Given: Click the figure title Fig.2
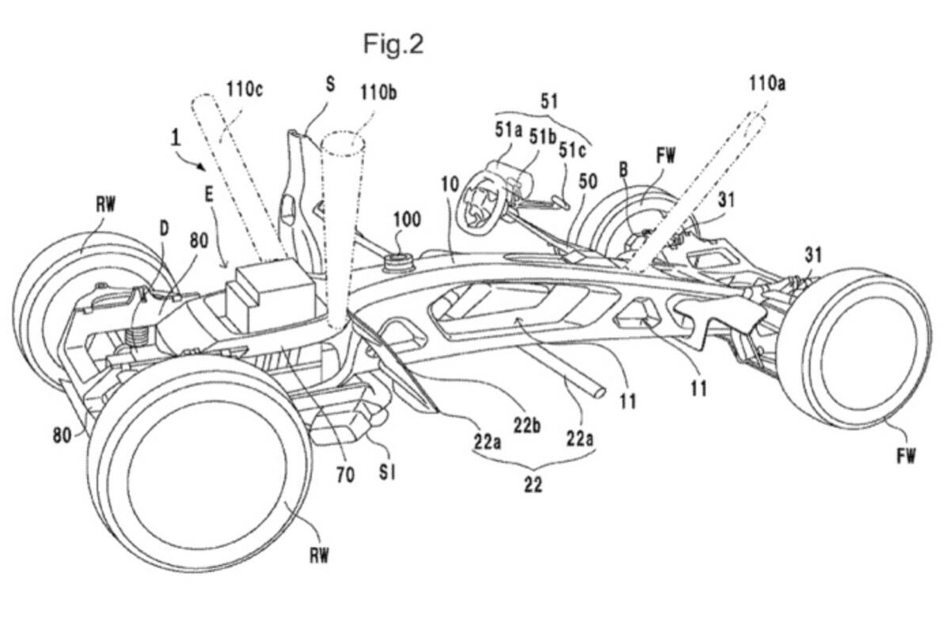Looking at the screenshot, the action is [x=393, y=44].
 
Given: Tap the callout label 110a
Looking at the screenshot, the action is [x=767, y=84].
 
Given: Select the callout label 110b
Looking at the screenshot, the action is [x=378, y=92].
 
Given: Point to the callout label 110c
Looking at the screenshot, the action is [x=245, y=89].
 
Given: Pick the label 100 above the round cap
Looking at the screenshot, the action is [x=407, y=220].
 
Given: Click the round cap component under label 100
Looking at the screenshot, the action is [x=398, y=262].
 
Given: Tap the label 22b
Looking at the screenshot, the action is [x=526, y=426].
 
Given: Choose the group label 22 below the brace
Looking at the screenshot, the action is [x=533, y=484].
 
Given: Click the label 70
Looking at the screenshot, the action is [x=345, y=475].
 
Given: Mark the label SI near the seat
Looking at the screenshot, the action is [x=387, y=472].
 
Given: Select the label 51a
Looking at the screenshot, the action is [x=508, y=130].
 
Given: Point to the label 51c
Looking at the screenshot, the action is [x=572, y=150].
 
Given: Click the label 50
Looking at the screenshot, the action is [x=587, y=181].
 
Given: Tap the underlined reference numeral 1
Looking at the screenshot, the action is [x=175, y=138].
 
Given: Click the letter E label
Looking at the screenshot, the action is [x=209, y=195].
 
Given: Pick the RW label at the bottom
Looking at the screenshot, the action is [x=319, y=555].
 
